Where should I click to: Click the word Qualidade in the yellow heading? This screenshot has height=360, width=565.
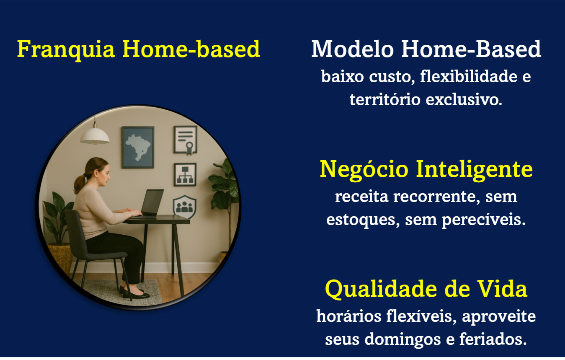(381, 289)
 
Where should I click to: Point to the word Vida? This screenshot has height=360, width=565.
(503, 289)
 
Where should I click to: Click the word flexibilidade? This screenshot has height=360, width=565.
(469, 77)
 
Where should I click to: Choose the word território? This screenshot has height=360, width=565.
(385, 100)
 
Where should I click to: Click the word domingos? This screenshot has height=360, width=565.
(402, 339)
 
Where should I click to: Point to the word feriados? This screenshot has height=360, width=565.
(493, 339)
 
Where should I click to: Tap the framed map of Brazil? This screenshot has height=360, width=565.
(138, 148)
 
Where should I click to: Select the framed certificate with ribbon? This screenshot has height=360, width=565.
(186, 140)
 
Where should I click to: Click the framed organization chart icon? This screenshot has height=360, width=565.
(185, 175)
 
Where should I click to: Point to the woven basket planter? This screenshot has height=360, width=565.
(61, 257)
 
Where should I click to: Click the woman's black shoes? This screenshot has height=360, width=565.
(134, 293)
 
